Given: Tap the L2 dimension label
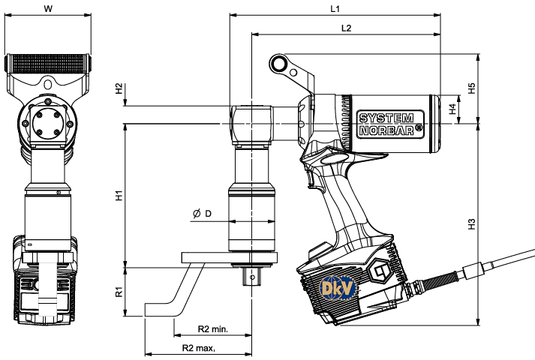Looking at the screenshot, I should coord(346,28).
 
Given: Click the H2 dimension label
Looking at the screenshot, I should coord(119,88).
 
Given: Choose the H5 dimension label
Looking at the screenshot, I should coord(472,88).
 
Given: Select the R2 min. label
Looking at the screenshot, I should coord(213,329).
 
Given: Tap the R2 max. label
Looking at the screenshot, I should coord(199,349).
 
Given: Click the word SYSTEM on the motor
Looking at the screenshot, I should coord(386,118).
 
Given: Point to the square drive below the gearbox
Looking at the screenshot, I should coord(251,274).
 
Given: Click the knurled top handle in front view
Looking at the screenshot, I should coord(48,63).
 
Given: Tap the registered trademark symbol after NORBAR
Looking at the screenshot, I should coord(418,128).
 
